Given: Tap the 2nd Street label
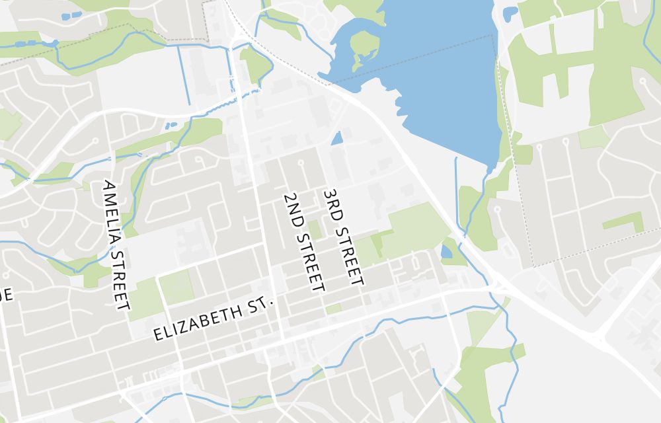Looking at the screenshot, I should point(303,243).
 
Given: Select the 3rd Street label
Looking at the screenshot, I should point(342,237).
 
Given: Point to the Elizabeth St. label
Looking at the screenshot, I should point(214,319).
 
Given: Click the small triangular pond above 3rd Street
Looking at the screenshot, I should point(337,139).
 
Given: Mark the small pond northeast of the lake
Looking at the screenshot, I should point(510,13).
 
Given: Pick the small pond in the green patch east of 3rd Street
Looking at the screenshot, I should point(446,251).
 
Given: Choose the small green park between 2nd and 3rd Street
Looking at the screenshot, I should point(315,229).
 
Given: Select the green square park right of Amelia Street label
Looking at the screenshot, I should point(176,286).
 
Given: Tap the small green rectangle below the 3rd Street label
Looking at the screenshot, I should point(334,309).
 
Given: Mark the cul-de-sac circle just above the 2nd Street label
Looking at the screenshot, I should point(301,162).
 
